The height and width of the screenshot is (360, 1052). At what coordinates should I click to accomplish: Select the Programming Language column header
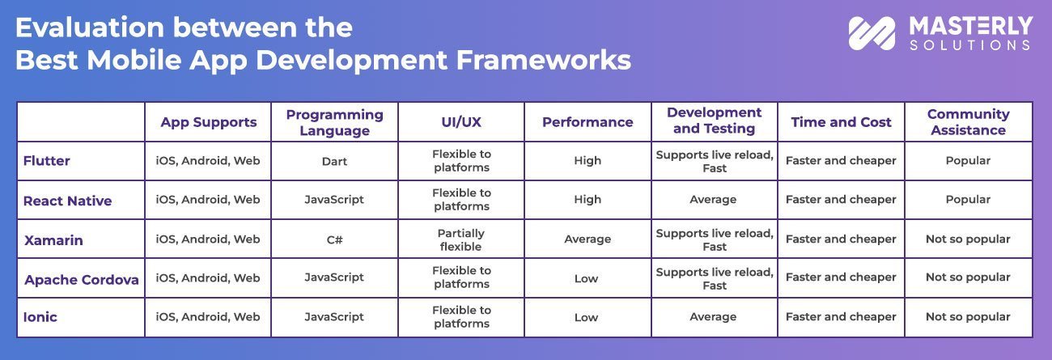tap(334, 122)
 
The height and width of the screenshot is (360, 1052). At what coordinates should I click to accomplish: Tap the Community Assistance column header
tap(968, 122)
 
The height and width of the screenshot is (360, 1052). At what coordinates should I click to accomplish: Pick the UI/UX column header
tap(460, 122)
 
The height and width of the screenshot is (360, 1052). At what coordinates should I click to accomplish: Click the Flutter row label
tap(47, 161)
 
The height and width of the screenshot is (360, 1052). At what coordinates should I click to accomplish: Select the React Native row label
tap(67, 201)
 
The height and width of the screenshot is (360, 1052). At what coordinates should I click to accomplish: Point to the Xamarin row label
tap(53, 240)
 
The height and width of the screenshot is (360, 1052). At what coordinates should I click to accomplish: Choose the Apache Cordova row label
tap(81, 280)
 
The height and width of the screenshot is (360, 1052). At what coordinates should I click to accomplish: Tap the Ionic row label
tap(40, 317)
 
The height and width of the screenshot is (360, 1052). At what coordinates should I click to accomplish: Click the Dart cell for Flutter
tap(334, 161)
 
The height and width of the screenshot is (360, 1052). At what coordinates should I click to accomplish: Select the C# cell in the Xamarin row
tap(334, 239)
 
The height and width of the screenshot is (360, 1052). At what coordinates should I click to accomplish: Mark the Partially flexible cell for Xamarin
tap(460, 239)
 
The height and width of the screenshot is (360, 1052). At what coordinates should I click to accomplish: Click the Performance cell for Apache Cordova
tap(587, 278)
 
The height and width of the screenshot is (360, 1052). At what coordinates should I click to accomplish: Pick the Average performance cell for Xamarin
tap(587, 239)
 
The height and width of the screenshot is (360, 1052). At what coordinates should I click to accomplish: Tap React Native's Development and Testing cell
tap(714, 200)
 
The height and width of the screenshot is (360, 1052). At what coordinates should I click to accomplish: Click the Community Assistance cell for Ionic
tap(968, 317)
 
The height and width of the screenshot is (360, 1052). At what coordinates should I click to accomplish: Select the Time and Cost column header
tap(841, 122)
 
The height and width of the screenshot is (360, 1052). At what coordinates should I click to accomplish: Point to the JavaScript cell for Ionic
tap(334, 317)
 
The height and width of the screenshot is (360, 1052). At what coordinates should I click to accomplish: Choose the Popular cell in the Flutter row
tap(968, 161)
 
